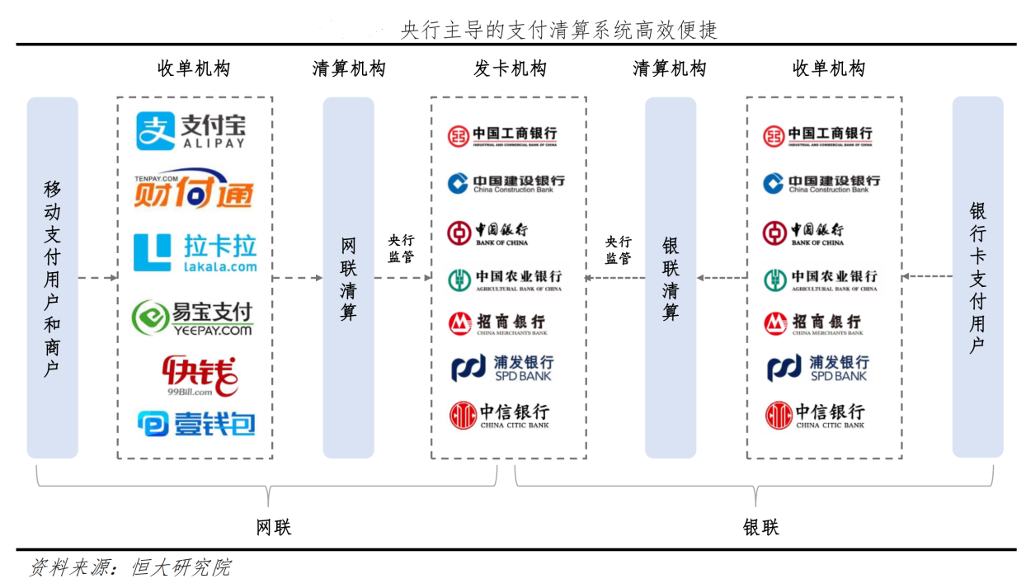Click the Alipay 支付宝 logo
tap(191, 131)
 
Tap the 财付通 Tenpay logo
tap(193, 191)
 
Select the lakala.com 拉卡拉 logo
tap(195, 252)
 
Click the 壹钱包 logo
tap(196, 423)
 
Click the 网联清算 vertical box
tap(348, 278)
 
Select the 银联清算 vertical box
tap(671, 278)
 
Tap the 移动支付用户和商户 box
tap(52, 278)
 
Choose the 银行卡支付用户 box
tap(977, 277)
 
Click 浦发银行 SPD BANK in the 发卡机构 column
tap(502, 368)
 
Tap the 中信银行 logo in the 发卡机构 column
tap(499, 415)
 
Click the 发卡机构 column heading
tap(509, 68)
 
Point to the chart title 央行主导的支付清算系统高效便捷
tap(558, 31)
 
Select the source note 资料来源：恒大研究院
tap(130, 567)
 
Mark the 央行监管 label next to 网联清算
tap(402, 248)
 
